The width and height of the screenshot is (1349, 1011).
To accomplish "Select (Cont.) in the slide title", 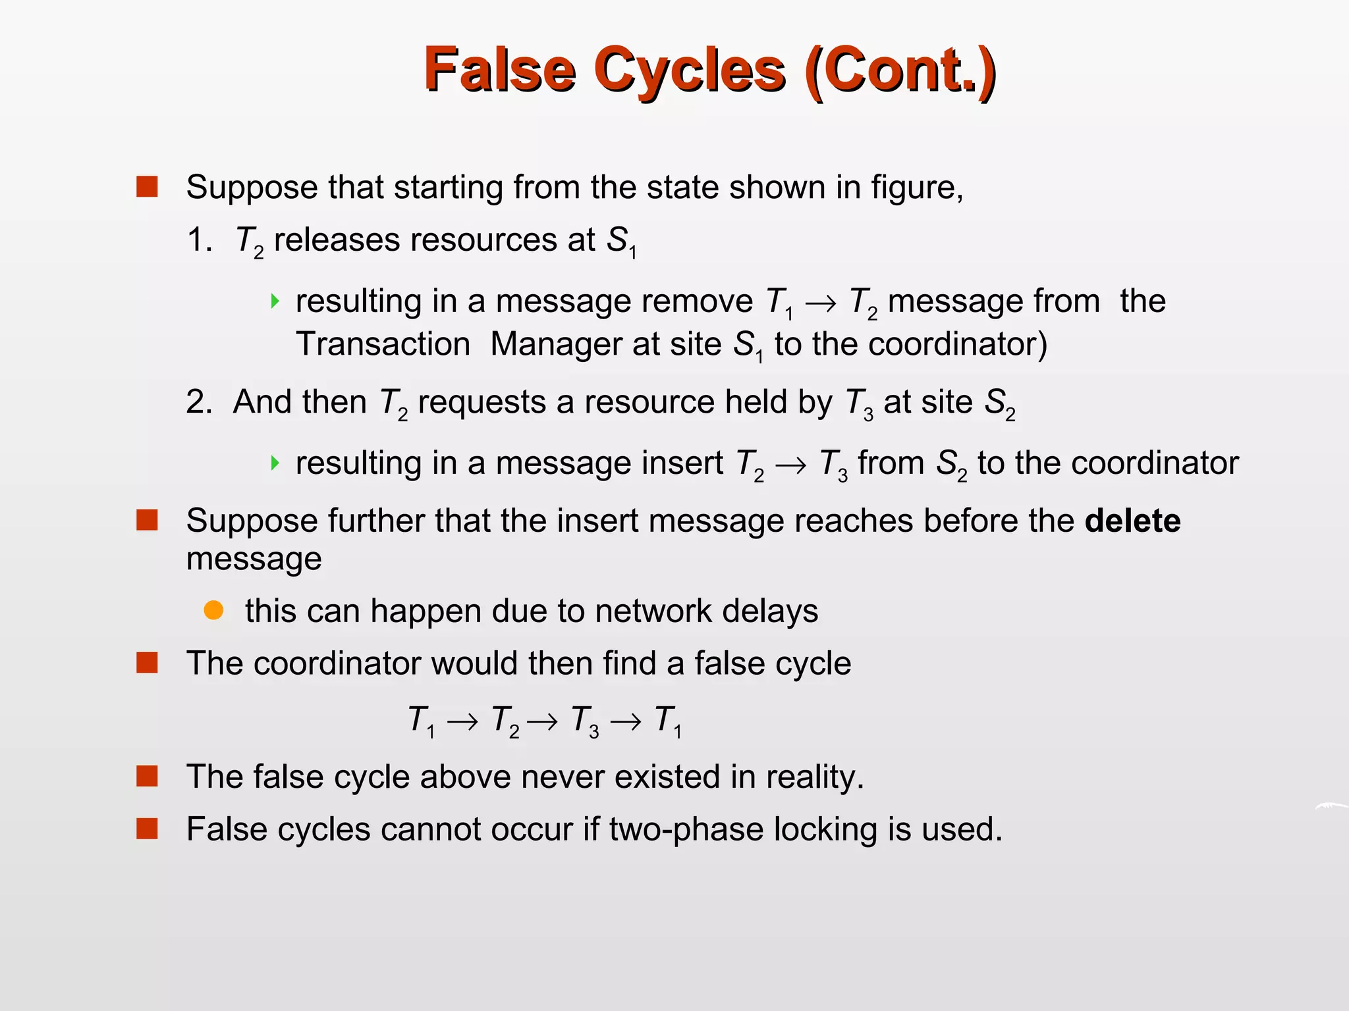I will [x=900, y=70].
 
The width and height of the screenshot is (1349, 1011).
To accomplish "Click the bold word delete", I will [x=1132, y=521].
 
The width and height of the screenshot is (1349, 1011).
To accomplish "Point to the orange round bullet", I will [x=213, y=610].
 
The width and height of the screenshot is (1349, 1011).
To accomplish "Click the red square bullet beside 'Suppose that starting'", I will [x=147, y=187].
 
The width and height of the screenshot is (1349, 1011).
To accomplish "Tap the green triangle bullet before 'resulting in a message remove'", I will [x=275, y=301].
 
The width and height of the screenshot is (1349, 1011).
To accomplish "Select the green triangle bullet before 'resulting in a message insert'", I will [x=275, y=463].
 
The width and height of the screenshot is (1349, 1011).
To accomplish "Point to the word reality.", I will [x=815, y=777].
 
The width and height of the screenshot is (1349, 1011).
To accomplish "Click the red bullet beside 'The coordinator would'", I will [x=147, y=663].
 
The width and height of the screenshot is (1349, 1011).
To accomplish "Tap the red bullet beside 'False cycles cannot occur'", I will [x=147, y=829].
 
